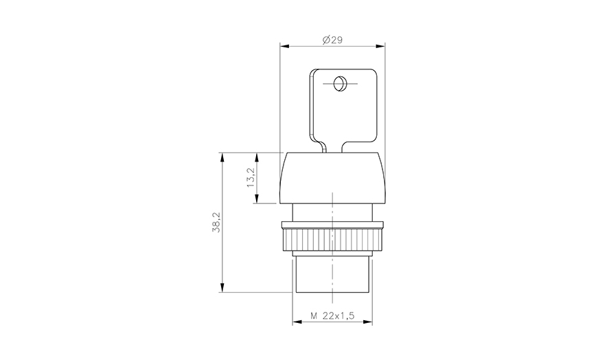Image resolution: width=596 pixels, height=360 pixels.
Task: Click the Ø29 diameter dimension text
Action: pos(332,41)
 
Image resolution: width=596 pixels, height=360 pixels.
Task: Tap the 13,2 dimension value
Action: pos(251,177)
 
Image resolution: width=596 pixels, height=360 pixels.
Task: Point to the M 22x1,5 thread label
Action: pos(332,315)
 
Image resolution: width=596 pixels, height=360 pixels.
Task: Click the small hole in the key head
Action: pos(338,85)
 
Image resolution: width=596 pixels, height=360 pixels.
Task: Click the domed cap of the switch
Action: pos(332,177)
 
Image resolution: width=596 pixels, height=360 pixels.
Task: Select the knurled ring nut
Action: pos(332,240)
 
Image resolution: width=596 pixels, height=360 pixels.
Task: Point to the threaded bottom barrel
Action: pos(332,275)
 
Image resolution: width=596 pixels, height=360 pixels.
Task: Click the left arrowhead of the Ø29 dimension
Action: pos(284,47)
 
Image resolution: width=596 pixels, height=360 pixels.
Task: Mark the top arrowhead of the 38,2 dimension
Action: pos(222,155)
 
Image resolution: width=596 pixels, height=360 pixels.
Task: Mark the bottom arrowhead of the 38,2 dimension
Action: pos(222,289)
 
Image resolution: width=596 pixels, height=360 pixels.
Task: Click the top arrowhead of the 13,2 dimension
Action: pos(257,155)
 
